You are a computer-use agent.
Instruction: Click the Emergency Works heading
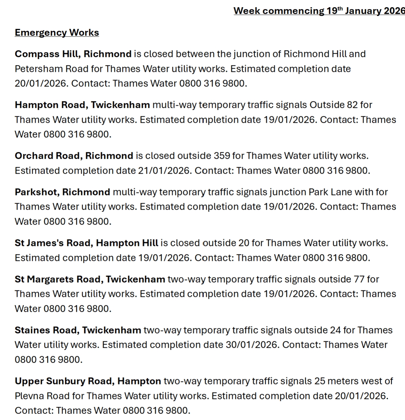[57, 33]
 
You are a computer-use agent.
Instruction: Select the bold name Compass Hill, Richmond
[73, 54]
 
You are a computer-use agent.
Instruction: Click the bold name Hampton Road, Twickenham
[82, 105]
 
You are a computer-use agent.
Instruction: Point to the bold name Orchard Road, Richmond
[74, 156]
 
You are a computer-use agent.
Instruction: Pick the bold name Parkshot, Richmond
[62, 192]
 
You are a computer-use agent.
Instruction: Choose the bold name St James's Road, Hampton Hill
[86, 243]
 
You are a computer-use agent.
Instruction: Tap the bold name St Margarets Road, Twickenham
[90, 279]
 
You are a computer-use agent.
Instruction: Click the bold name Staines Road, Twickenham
[78, 330]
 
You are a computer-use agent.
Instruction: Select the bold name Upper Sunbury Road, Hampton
[88, 381]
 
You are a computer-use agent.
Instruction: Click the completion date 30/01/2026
[252, 345]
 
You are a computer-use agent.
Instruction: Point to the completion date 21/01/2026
[164, 170]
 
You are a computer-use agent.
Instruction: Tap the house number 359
[222, 156]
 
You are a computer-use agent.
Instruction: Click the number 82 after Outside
[351, 105]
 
